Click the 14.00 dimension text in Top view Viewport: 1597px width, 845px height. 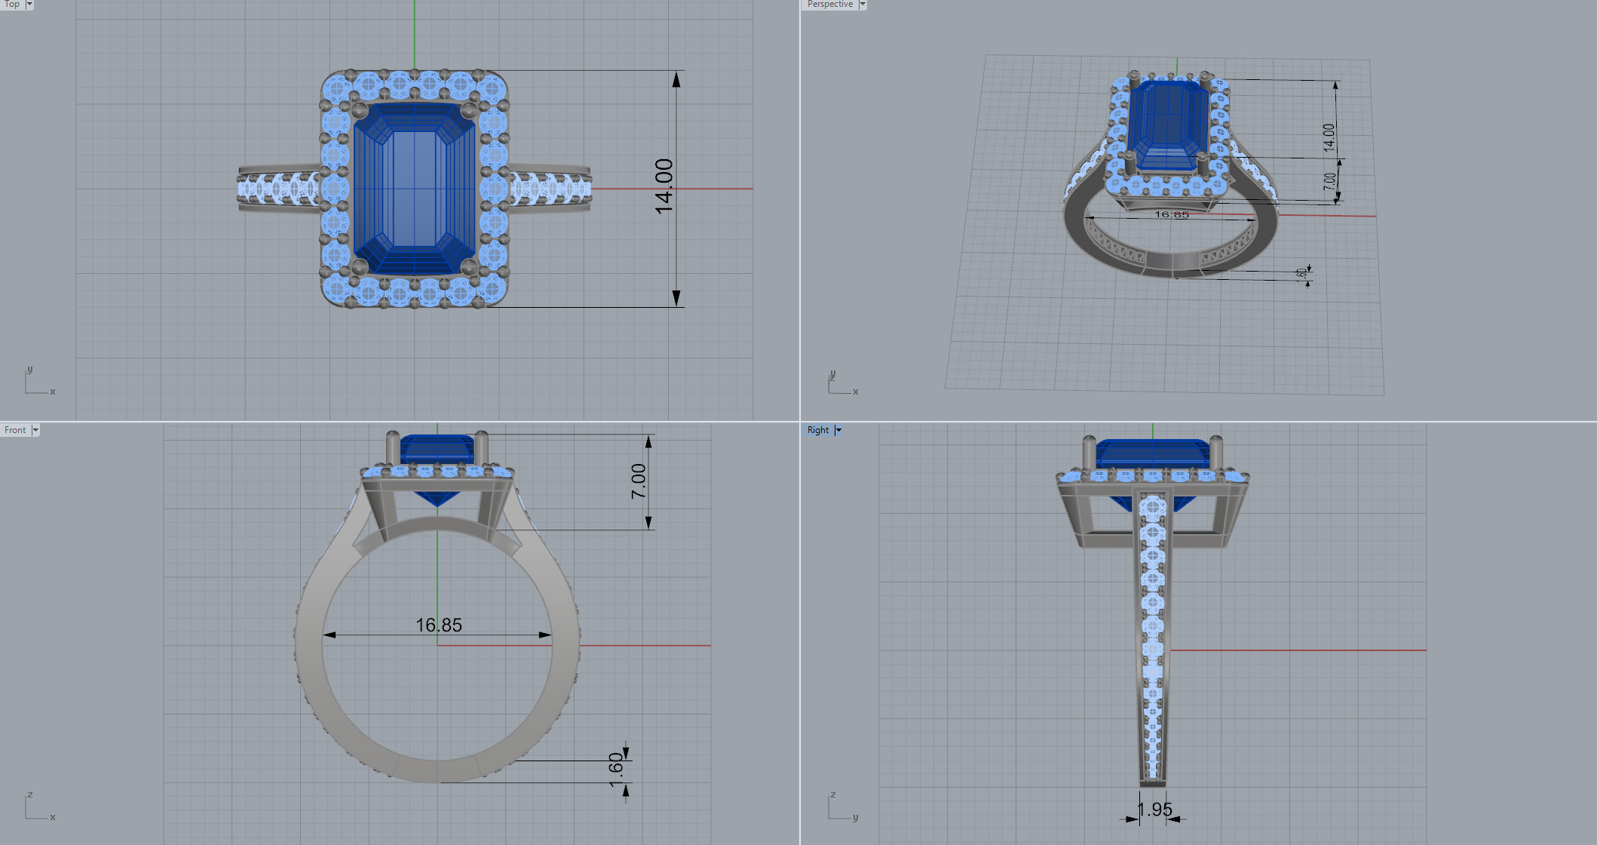(664, 186)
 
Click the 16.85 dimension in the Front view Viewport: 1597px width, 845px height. (439, 625)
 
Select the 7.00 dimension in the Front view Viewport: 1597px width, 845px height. (639, 481)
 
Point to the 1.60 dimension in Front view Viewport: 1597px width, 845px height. (616, 769)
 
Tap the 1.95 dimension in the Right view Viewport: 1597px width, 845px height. (1154, 810)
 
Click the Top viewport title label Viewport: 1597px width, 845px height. (12, 5)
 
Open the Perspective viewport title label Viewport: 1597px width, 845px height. (829, 5)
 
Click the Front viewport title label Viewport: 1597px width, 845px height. (15, 430)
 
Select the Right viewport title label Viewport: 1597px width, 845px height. (817, 430)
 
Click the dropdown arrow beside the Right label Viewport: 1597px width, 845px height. (838, 430)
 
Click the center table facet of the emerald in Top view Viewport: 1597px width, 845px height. (414, 189)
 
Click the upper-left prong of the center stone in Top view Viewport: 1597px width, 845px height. (360, 112)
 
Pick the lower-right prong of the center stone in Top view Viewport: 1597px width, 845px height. (468, 266)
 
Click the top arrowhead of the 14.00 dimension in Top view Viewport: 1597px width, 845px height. (676, 79)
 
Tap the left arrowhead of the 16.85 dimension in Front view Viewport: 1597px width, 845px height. (330, 635)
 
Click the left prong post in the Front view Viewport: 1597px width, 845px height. (393, 449)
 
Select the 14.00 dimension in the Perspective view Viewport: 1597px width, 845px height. (1329, 137)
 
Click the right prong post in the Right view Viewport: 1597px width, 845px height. (1215, 450)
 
